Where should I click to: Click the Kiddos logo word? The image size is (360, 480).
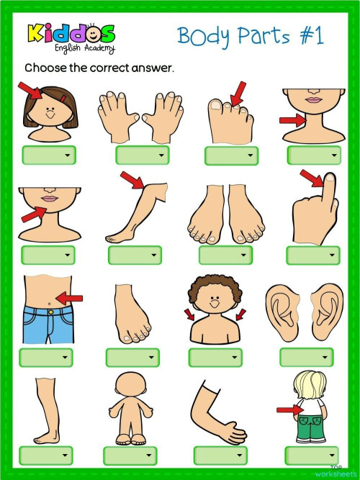coord(71,34)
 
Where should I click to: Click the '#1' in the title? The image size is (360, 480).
coord(310,35)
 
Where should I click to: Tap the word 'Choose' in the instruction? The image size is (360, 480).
coord(45,68)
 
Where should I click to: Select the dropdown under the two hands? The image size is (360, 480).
coord(143,155)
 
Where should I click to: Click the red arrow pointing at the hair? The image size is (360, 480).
coord(31,91)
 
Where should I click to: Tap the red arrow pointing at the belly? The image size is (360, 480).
coord(70,296)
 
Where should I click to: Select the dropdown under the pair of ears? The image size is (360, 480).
coord(306,357)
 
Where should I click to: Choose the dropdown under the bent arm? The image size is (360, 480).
coord(220,455)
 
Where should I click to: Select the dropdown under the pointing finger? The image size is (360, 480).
coord(312,255)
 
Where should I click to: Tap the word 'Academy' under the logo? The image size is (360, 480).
coord(89,50)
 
